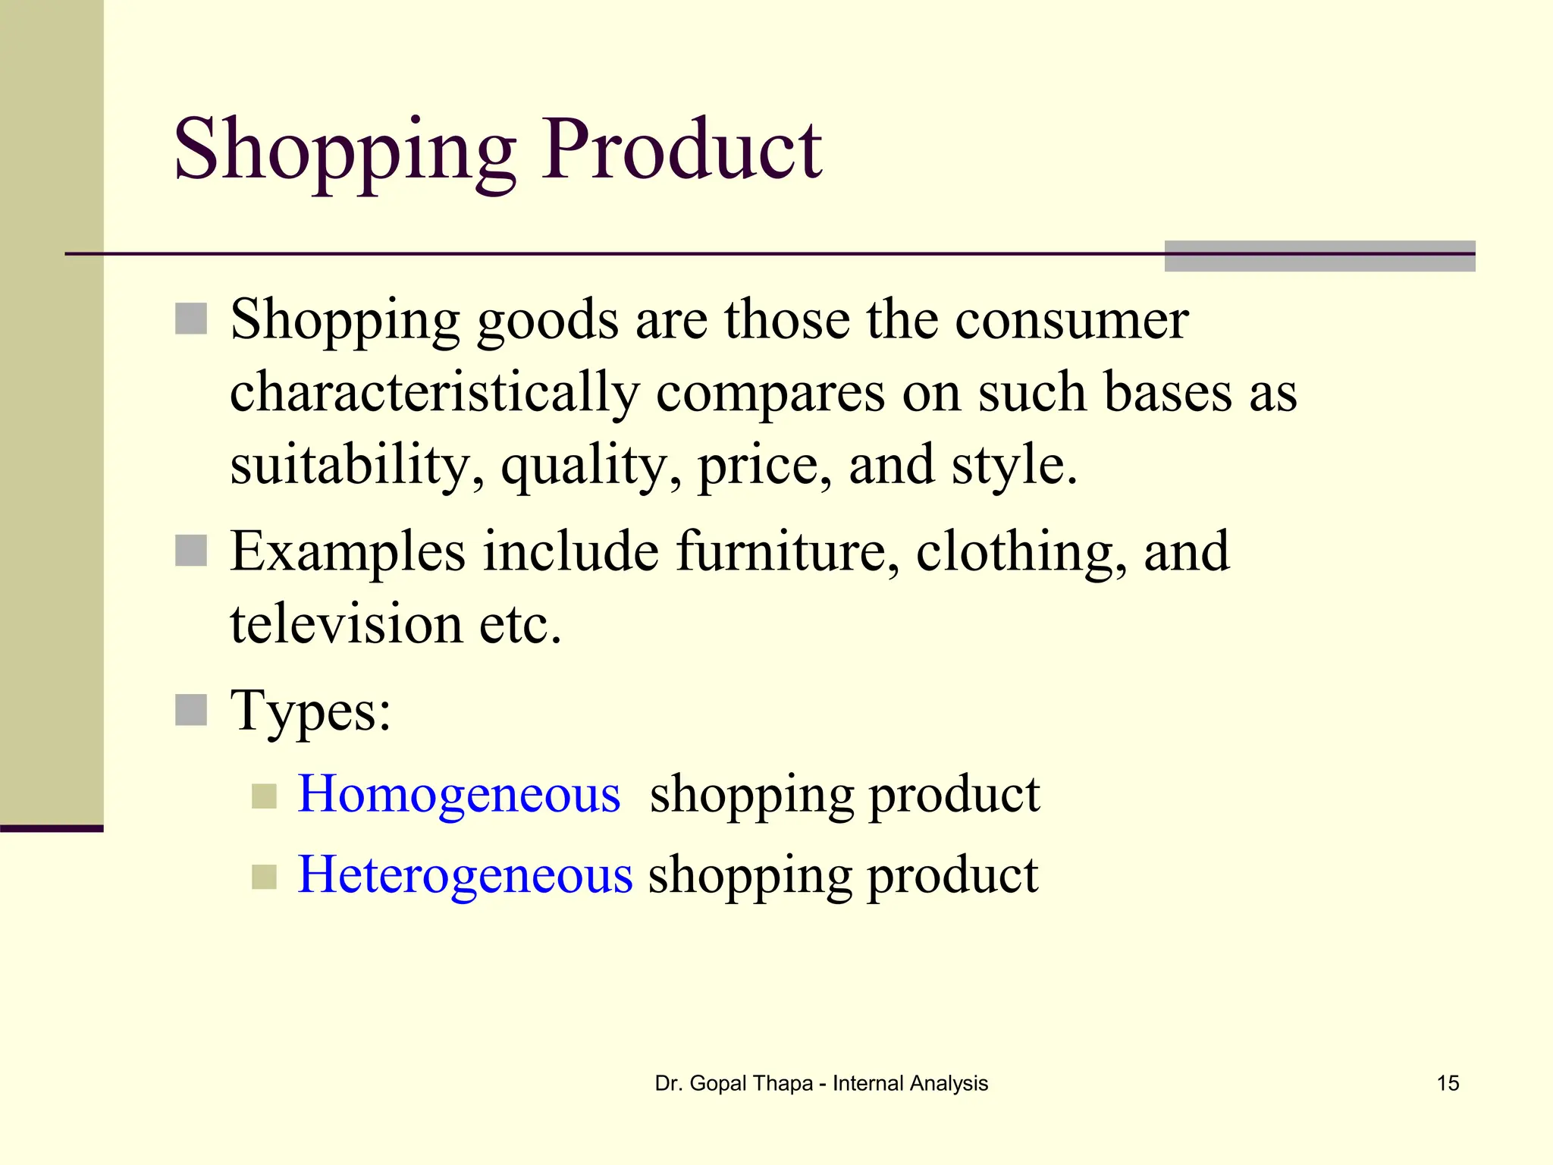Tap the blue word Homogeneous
(459, 794)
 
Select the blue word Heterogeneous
(465, 875)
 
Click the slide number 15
(1448, 1083)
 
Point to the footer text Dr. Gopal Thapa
(733, 1083)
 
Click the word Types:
(311, 711)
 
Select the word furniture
(780, 551)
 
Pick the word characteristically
(435, 393)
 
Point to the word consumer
(1071, 320)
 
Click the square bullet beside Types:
(191, 711)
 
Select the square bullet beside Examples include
(191, 551)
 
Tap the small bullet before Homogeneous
(264, 796)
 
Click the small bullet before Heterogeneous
(264, 877)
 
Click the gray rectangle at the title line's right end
(1319, 256)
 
